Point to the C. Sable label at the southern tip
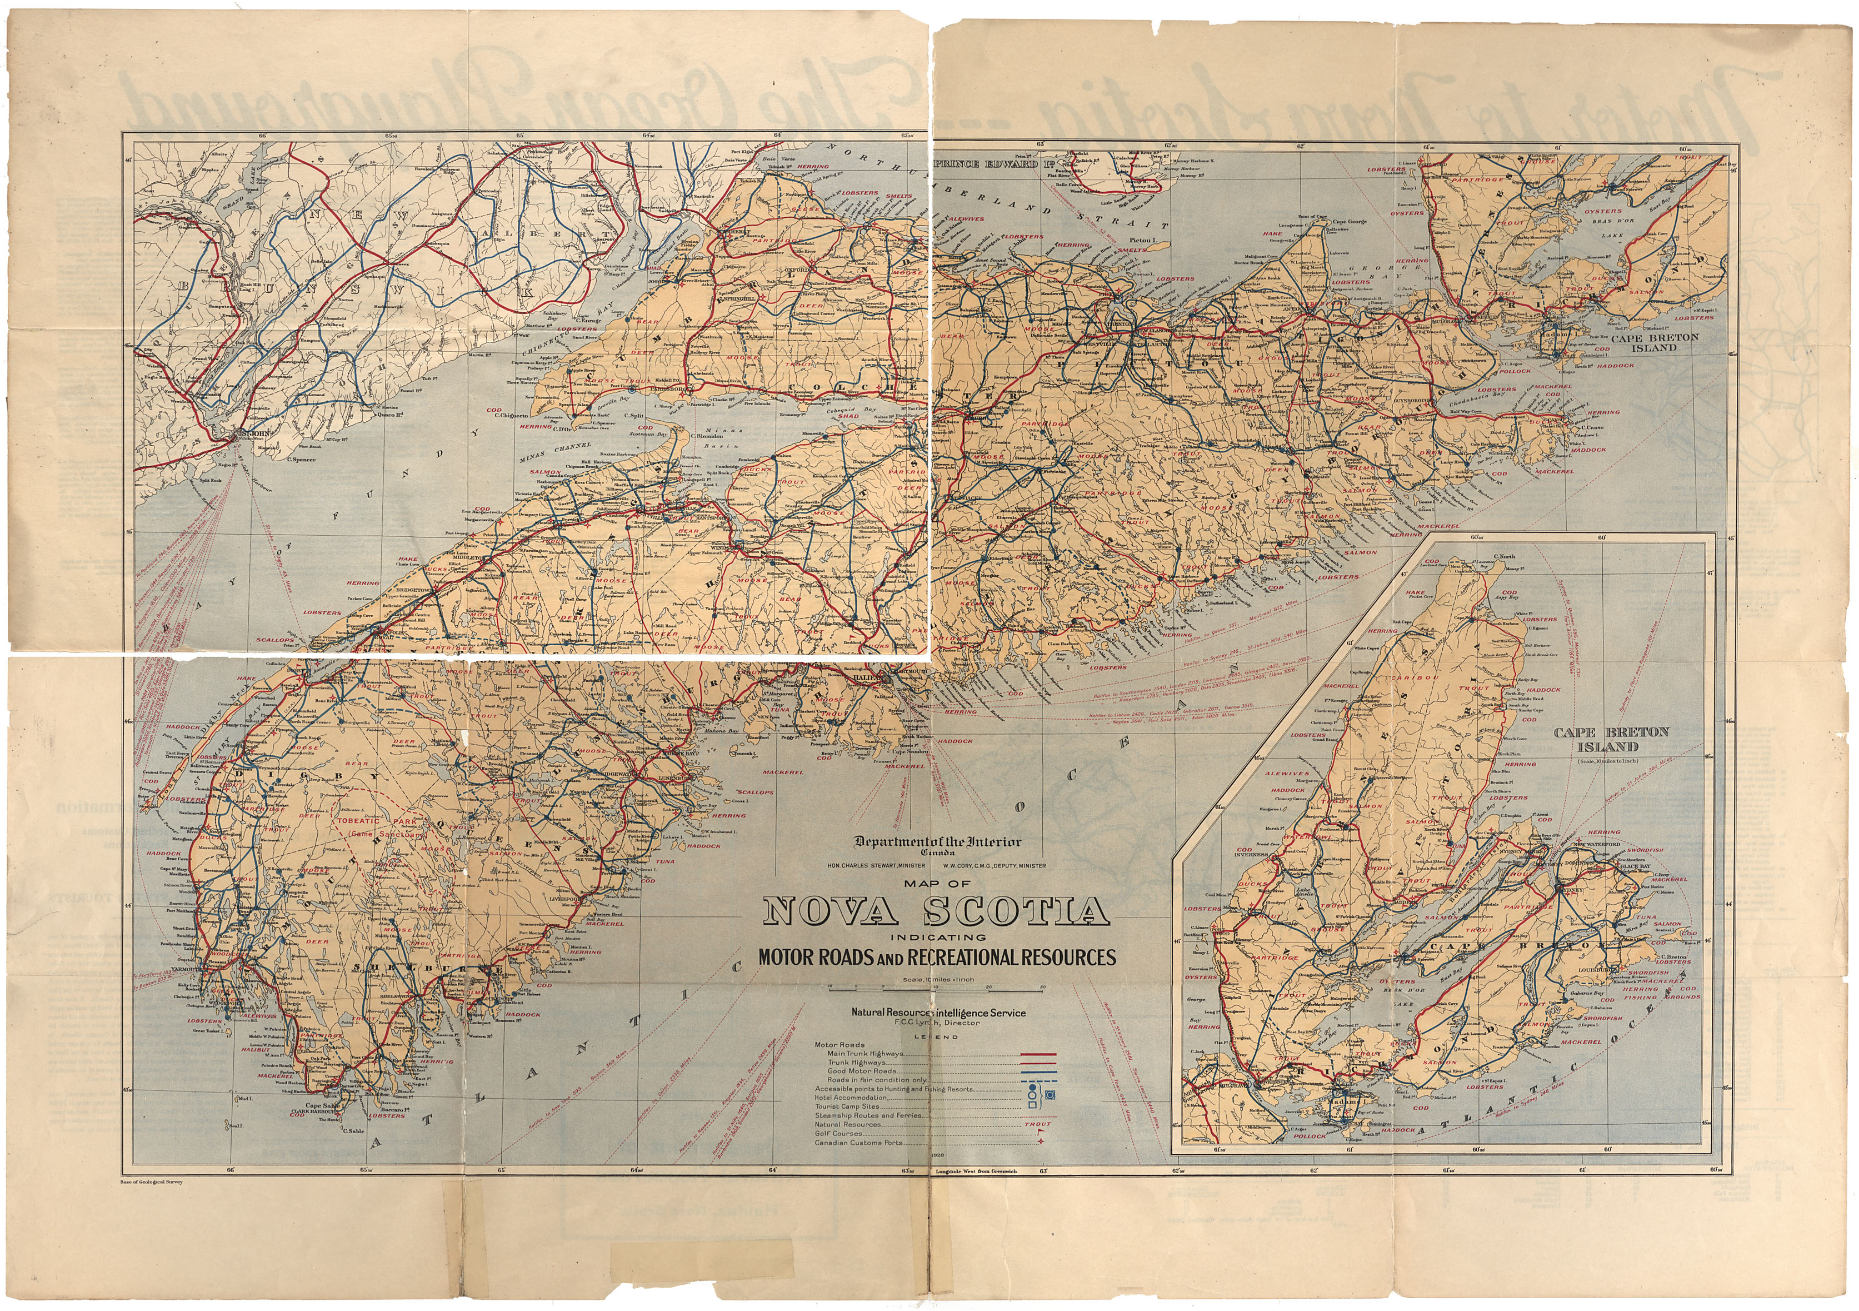354,1131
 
